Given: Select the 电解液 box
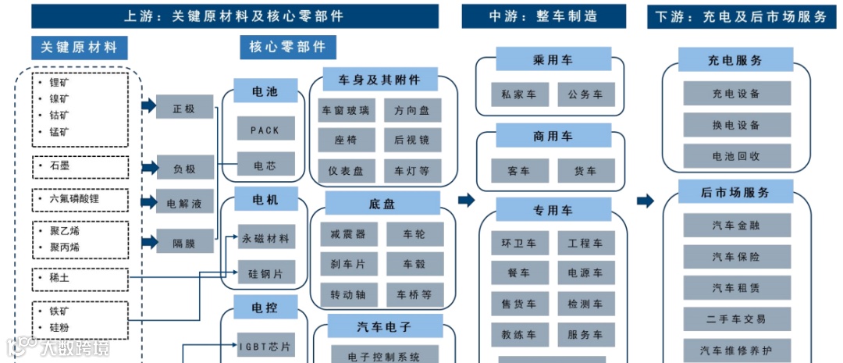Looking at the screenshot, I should tap(184, 202).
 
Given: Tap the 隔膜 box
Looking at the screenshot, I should tap(184, 242).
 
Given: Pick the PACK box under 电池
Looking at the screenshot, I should tap(265, 130).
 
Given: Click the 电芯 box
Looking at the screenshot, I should tap(265, 165).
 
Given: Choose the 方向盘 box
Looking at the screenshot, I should tap(412, 111).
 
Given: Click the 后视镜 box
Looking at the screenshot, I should tap(412, 140).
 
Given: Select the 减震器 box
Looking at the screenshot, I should tap(348, 234).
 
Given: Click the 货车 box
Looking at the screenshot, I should tap(585, 171).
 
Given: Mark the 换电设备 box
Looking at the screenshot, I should tap(736, 125).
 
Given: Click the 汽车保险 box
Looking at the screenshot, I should tap(736, 256).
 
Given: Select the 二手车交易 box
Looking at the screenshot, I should tap(736, 319).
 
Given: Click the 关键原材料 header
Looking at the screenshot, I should tap(79, 48).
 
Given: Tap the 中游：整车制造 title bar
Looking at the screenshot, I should tap(543, 16).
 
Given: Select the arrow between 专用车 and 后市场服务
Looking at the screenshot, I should tap(645, 201).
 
